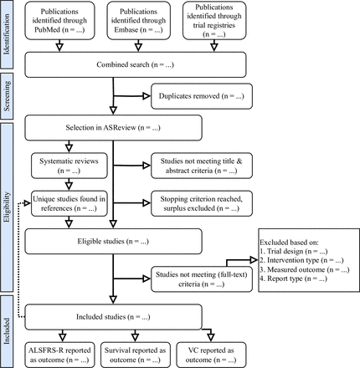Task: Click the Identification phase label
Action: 7,34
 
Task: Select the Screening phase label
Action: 7,96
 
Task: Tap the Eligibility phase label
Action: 7,207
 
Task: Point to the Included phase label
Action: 7,331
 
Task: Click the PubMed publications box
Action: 59,21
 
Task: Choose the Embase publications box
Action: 138,21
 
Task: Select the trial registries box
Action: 214,21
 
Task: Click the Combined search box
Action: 136,64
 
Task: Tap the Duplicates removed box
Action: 202,96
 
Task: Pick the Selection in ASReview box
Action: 113,128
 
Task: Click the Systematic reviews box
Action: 69,166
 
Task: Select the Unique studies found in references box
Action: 69,203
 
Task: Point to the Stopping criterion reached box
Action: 202,203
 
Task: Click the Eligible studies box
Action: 113,242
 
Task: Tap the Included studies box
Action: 113,317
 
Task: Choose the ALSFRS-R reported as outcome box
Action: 59,355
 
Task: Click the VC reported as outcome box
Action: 211,355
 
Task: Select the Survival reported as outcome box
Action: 136,355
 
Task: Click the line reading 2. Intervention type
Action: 301,260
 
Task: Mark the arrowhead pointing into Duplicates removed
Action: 147,96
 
